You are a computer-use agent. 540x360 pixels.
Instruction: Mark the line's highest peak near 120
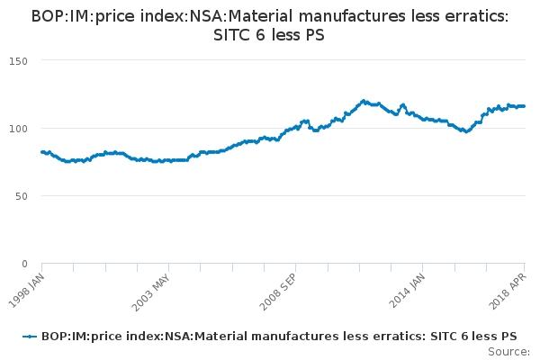click(364, 101)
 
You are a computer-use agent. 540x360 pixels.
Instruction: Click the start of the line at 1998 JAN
click(42, 152)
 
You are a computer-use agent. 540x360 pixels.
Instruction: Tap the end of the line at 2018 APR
click(525, 106)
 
